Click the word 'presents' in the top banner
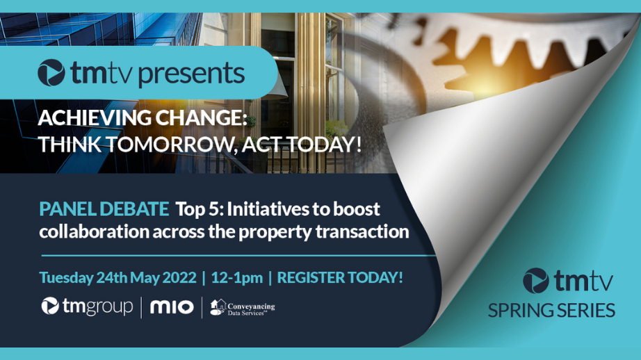(x=192, y=74)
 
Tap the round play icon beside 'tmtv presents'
(x=51, y=73)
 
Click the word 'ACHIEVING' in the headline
(x=95, y=118)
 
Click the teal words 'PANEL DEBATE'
(x=104, y=209)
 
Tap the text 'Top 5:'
(x=199, y=209)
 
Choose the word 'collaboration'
(x=95, y=231)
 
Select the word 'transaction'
(x=362, y=231)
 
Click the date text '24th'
(x=112, y=278)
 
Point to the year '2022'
(x=179, y=278)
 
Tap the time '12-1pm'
(x=236, y=278)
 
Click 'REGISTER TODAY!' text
(x=340, y=278)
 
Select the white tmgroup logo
(x=87, y=306)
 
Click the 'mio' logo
(x=172, y=307)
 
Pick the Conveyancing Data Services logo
(x=243, y=308)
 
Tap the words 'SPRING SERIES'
(x=551, y=311)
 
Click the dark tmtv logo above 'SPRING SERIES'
(x=568, y=281)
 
